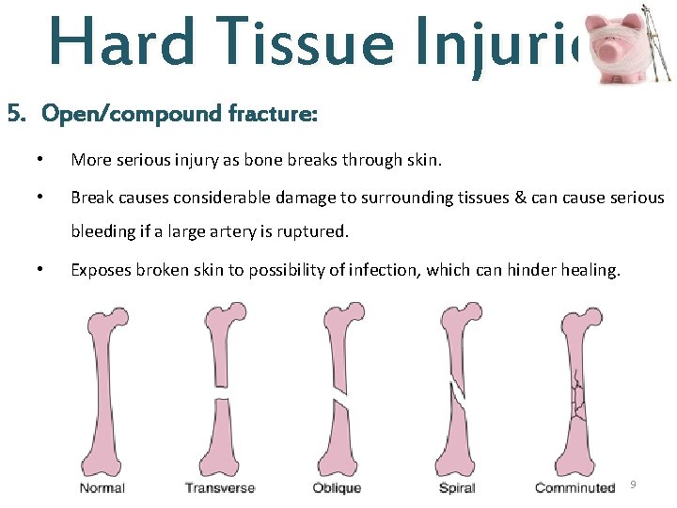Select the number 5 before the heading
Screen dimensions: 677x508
click(x=13, y=115)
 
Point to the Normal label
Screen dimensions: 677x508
click(x=102, y=487)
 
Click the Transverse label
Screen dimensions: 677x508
click(x=219, y=487)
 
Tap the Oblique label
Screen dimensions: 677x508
click(x=336, y=487)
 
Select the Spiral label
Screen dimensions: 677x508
click(x=457, y=487)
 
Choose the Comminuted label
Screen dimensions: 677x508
click(x=575, y=487)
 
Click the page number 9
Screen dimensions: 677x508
click(x=633, y=484)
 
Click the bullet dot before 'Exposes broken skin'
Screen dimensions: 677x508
click(x=39, y=270)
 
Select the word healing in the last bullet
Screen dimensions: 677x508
click(x=590, y=270)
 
